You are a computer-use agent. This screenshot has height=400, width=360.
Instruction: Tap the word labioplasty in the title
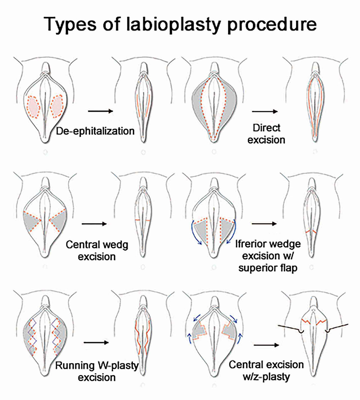coord(173,24)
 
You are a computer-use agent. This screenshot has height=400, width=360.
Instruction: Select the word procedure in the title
coord(272,24)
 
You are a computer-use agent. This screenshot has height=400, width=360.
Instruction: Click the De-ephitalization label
coord(95,131)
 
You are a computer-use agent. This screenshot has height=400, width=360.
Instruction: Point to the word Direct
coord(266,128)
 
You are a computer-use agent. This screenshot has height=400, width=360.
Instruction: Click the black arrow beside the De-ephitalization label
coord(100,111)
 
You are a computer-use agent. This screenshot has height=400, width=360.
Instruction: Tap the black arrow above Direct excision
coord(265,111)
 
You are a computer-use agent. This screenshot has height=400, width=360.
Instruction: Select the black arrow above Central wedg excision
coord(94,224)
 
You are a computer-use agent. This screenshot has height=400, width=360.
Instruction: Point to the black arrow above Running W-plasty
coord(96,343)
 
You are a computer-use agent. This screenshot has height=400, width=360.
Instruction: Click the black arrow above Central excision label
coord(266,345)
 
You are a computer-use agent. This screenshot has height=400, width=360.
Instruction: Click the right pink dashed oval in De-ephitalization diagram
coord(57,106)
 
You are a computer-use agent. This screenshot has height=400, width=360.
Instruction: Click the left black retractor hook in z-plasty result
coord(292,329)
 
